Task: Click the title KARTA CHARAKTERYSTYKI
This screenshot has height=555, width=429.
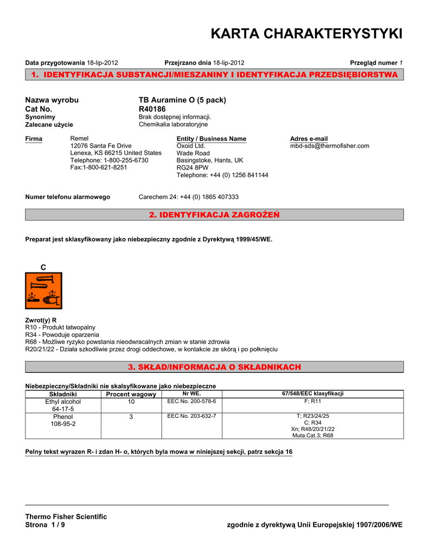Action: [x=306, y=34]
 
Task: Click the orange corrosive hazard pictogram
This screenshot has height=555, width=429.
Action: [x=44, y=291]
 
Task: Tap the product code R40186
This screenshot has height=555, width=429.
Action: [x=152, y=109]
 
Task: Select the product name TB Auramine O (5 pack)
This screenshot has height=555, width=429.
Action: [x=182, y=100]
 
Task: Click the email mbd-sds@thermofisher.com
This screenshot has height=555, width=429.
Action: [x=330, y=146]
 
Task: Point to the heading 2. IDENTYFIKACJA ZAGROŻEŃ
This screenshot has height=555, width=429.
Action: [x=214, y=215]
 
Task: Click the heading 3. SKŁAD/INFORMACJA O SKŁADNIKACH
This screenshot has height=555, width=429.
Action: [x=214, y=367]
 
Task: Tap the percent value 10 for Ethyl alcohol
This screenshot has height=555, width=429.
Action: [x=131, y=402]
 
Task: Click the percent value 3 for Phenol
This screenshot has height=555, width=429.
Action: [x=131, y=417]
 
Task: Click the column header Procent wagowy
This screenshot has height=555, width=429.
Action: [x=131, y=394]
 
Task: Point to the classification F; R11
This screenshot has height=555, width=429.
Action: [x=313, y=402]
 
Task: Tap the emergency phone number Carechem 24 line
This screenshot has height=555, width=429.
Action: [x=189, y=197]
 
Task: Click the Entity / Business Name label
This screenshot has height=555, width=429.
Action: [x=212, y=139]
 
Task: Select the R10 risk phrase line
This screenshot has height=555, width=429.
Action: [x=60, y=327]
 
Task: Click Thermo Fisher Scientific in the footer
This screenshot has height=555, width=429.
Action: [x=66, y=517]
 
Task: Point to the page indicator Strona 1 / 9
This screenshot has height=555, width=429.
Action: [x=45, y=525]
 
